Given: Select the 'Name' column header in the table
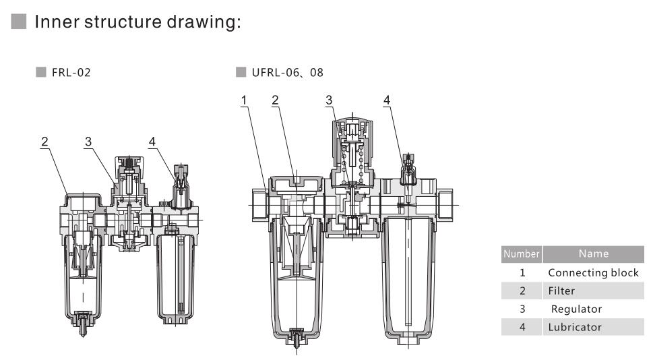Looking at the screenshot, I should [592, 254].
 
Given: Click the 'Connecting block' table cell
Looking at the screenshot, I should [593, 273].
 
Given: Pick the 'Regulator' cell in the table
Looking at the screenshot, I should [576, 309].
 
